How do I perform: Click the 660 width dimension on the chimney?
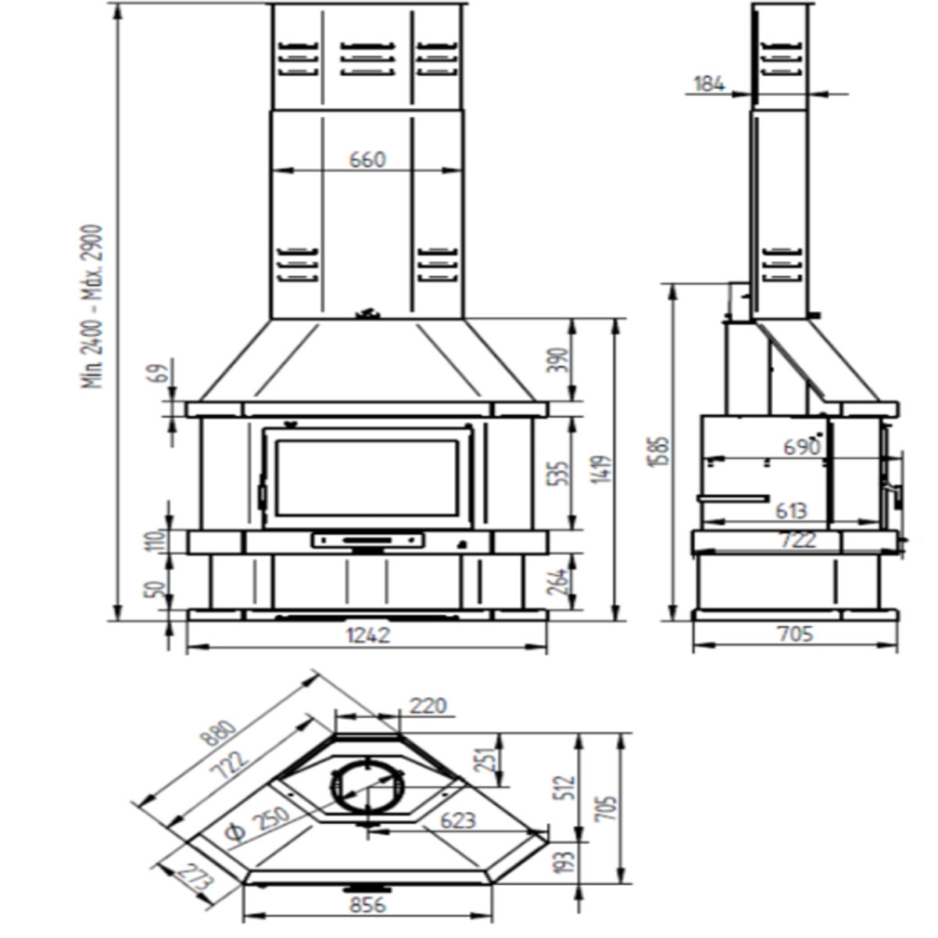[367, 159]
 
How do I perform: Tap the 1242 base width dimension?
[367, 635]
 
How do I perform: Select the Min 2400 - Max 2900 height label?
[94, 306]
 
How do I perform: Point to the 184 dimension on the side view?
[709, 84]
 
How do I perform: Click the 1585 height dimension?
[660, 452]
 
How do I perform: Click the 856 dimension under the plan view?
[367, 904]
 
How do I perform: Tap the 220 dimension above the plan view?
[428, 706]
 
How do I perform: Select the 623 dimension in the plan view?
[457, 820]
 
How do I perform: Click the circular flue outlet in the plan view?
[366, 788]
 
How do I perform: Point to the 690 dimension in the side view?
[802, 446]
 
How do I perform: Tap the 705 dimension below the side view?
[796, 633]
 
